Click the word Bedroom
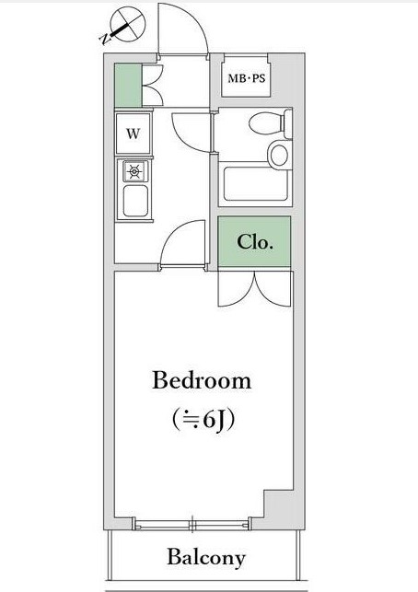(202, 380)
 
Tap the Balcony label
(206, 558)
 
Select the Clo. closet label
(255, 241)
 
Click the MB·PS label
(247, 78)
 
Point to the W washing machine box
(133, 133)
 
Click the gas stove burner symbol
(134, 172)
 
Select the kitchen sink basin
(135, 201)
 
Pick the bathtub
(256, 184)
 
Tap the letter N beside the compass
(104, 39)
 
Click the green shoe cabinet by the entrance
(128, 86)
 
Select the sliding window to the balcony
(192, 525)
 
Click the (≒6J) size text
(203, 419)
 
